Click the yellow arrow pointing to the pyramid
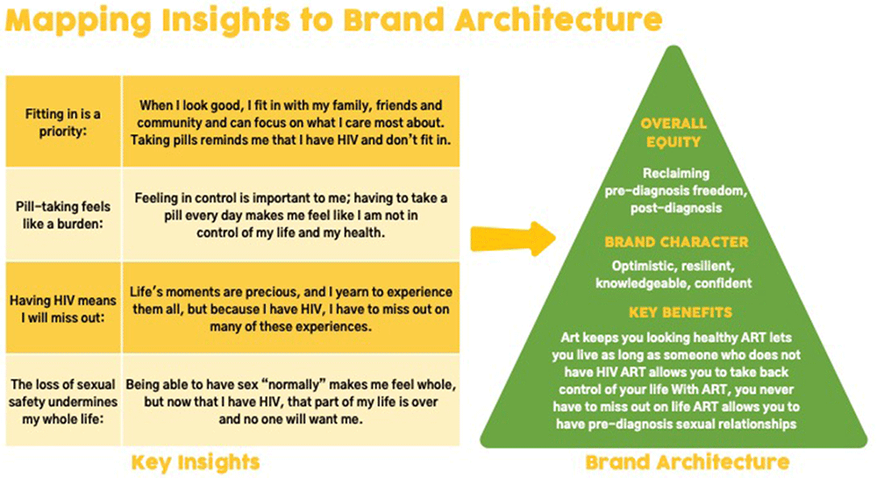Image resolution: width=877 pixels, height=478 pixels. click(x=513, y=239)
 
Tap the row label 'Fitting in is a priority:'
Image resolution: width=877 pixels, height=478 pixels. click(x=62, y=123)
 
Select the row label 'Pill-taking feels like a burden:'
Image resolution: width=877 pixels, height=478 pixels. click(x=62, y=215)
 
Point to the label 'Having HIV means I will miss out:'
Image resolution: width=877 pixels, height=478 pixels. click(x=62, y=309)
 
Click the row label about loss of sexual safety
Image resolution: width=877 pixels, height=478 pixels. click(x=62, y=402)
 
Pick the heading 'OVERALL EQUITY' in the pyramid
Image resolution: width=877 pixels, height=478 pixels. click(x=674, y=132)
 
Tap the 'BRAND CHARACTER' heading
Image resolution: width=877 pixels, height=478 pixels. click(x=676, y=242)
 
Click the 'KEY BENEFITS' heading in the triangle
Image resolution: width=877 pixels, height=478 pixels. click(x=681, y=312)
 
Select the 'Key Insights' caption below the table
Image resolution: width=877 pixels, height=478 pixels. click(x=196, y=462)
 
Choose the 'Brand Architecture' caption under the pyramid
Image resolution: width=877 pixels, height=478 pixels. click(x=688, y=462)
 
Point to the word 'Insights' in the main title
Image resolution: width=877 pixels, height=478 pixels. click(x=226, y=19)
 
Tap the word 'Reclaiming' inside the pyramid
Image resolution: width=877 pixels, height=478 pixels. click(x=675, y=174)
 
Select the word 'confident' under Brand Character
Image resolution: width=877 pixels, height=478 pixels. click(x=723, y=283)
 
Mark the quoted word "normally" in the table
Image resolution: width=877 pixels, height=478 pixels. click(x=293, y=385)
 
